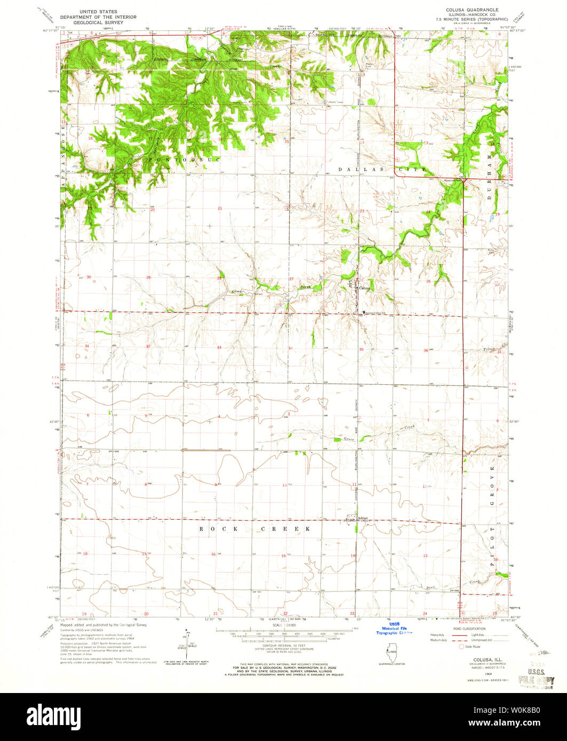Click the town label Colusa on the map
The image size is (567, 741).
click(365, 288)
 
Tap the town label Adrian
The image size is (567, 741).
click(363, 518)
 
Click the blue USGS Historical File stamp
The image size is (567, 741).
click(394, 629)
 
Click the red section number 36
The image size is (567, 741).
click(426, 350)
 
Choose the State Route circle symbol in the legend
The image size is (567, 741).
click(462, 647)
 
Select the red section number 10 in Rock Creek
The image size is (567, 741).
click(285, 485)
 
